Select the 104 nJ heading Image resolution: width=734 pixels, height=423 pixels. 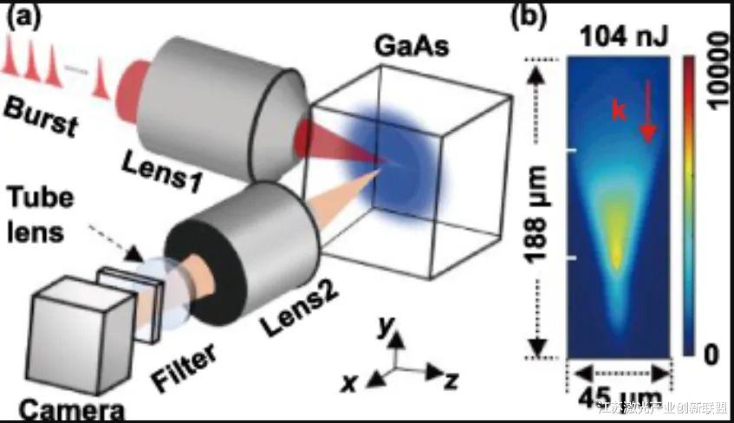[x=616, y=36]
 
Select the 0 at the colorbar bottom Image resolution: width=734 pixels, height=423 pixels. [x=712, y=354]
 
